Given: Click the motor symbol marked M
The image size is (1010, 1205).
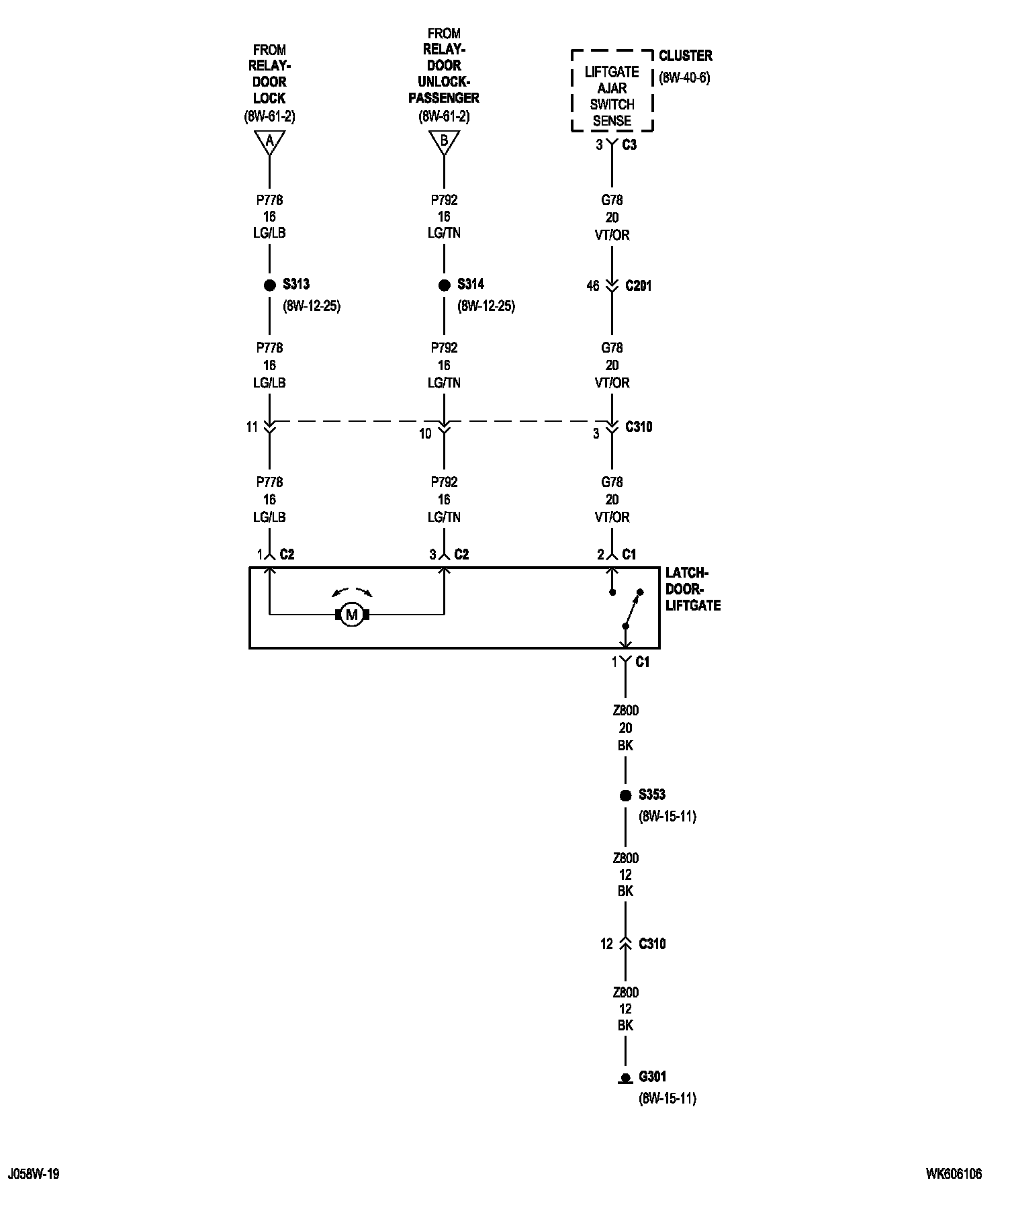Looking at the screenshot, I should coord(352,614).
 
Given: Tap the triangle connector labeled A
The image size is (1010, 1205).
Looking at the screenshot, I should coord(269,141).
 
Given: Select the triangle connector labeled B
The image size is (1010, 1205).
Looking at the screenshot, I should coord(444,141).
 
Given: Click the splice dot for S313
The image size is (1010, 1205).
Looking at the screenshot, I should coord(269,285).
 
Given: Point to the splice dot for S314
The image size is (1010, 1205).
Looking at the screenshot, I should coord(444,285).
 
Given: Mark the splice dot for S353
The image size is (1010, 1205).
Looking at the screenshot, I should coord(625,795).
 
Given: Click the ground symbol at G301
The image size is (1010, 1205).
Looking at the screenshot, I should coord(625,1079).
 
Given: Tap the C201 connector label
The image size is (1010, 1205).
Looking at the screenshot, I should coord(638,286).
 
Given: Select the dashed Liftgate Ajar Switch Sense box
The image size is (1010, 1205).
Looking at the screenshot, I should coord(612,91).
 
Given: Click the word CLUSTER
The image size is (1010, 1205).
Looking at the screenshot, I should coord(685,56).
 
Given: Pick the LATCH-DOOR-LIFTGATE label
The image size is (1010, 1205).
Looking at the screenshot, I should coord(693,589).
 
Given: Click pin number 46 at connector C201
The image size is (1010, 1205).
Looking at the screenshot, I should coord(592,286).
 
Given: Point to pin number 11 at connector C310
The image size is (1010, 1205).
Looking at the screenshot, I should coord(252,427).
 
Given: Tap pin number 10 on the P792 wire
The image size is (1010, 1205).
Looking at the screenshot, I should coord(425,434).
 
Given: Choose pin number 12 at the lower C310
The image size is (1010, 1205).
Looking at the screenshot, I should coord(606,944).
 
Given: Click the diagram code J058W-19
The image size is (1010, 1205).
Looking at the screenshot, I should coord(34,1174).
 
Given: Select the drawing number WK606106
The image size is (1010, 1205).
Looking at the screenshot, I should coord(954,1174).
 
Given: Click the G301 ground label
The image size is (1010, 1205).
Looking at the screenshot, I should coord(652,1077).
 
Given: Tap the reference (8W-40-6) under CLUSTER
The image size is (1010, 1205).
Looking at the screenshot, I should coord(684,77).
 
